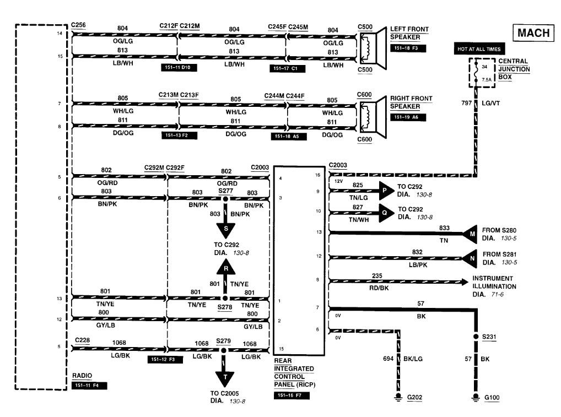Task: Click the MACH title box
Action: pyautogui.click(x=533, y=33)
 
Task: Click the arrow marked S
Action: pyautogui.click(x=225, y=229)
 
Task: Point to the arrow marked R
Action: pyautogui.click(x=225, y=268)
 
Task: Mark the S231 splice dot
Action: pyautogui.click(x=475, y=336)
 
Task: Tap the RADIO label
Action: pyautogui.click(x=82, y=376)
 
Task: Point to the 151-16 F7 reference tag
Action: pyautogui.click(x=291, y=395)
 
